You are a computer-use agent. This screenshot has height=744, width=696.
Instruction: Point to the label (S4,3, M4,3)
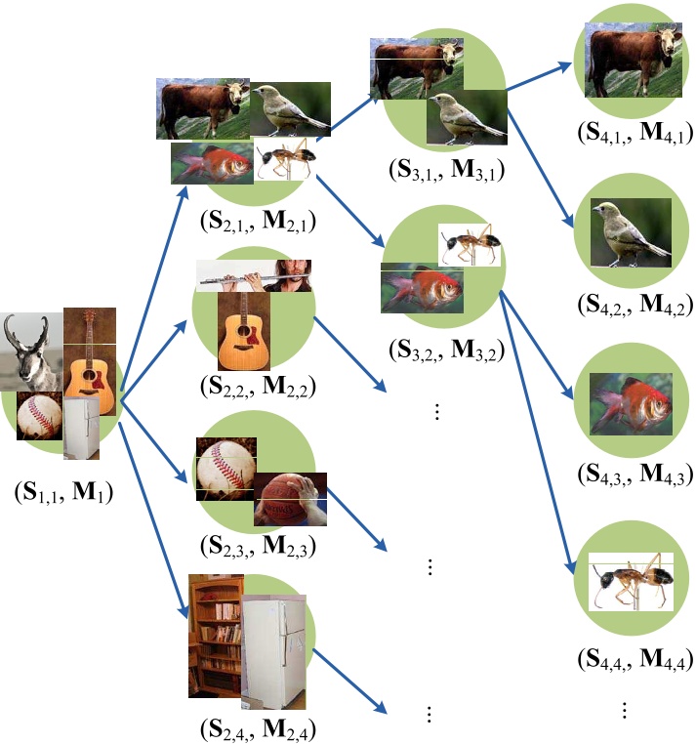[x=635, y=475]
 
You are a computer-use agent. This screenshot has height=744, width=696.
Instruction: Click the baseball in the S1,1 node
[x=40, y=416]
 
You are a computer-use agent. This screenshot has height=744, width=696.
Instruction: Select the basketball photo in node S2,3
[x=289, y=498]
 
